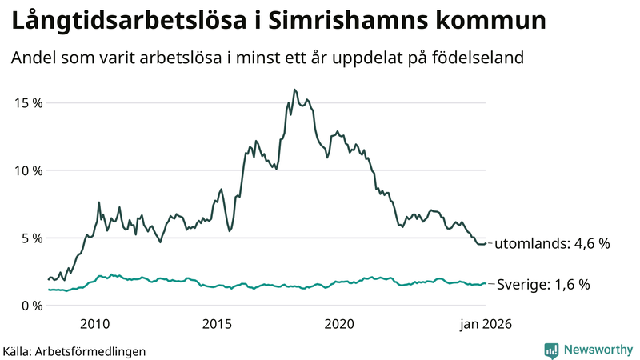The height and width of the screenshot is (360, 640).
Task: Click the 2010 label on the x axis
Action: coord(94,324)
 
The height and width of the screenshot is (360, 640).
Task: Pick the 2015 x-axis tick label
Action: coord(217,324)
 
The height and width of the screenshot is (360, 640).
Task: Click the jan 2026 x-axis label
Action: coord(483,324)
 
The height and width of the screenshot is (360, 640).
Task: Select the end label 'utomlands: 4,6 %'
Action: coord(552,244)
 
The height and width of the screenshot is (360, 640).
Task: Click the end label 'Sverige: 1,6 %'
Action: coord(543,284)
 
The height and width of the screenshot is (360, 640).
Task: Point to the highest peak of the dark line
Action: coord(294,90)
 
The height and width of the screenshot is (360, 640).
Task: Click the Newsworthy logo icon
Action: coord(551,350)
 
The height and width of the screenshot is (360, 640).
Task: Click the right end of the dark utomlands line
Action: coord(486,243)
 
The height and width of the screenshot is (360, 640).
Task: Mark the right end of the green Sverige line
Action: coord(486,283)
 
